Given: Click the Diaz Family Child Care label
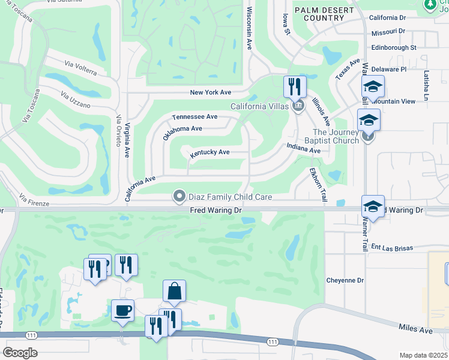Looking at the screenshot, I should (x=231, y=196).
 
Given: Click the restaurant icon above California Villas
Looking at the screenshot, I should (x=295, y=87).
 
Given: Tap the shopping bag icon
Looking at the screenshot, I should (x=174, y=292).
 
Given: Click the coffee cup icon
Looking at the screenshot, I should (x=123, y=311).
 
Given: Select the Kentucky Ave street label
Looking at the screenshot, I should (x=210, y=153).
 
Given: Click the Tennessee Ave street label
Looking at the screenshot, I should (x=194, y=117).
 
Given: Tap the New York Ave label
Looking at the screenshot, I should (x=210, y=92).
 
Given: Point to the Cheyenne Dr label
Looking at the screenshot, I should (x=345, y=280).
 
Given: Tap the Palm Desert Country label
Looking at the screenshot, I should (x=315, y=14).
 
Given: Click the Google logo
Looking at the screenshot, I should (x=20, y=352).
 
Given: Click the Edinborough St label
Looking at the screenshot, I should (x=394, y=47).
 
